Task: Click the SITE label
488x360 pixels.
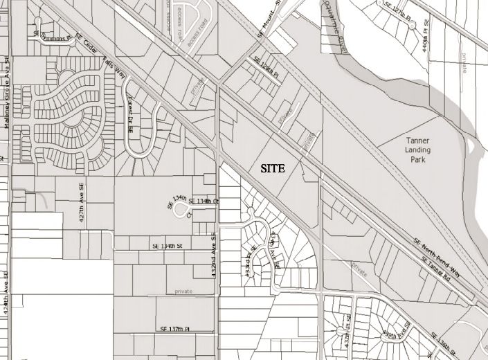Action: [273, 168]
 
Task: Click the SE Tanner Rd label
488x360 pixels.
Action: [435, 268]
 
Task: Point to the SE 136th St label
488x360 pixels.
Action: [451, 344]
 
